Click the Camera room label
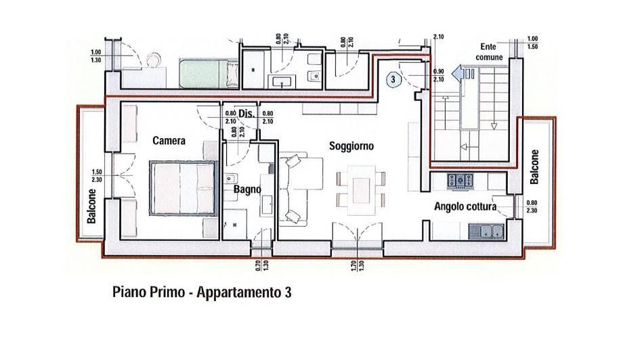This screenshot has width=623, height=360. tap(169, 141)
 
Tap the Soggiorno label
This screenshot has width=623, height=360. tap(351, 146)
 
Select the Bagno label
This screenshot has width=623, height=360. tap(247, 189)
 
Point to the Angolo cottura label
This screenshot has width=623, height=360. tap(465, 206)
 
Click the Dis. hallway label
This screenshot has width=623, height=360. tap(246, 114)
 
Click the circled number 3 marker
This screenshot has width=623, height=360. tap(393, 79)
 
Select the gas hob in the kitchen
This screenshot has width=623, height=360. tap(460, 181)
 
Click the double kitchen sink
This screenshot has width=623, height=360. tap(486, 231)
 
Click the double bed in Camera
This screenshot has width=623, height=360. tap(184, 188)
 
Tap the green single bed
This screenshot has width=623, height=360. tap(209, 74)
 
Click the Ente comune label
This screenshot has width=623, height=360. tap(489, 52)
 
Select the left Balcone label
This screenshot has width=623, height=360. tap(91, 206)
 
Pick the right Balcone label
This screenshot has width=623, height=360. tap(534, 166)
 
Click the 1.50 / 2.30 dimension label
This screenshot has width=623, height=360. tap(97, 176)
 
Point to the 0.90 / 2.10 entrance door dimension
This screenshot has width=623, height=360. tap(439, 75)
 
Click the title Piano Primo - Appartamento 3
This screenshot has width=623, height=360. tap(202, 292)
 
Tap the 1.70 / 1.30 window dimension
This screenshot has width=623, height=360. tap(358, 266)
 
